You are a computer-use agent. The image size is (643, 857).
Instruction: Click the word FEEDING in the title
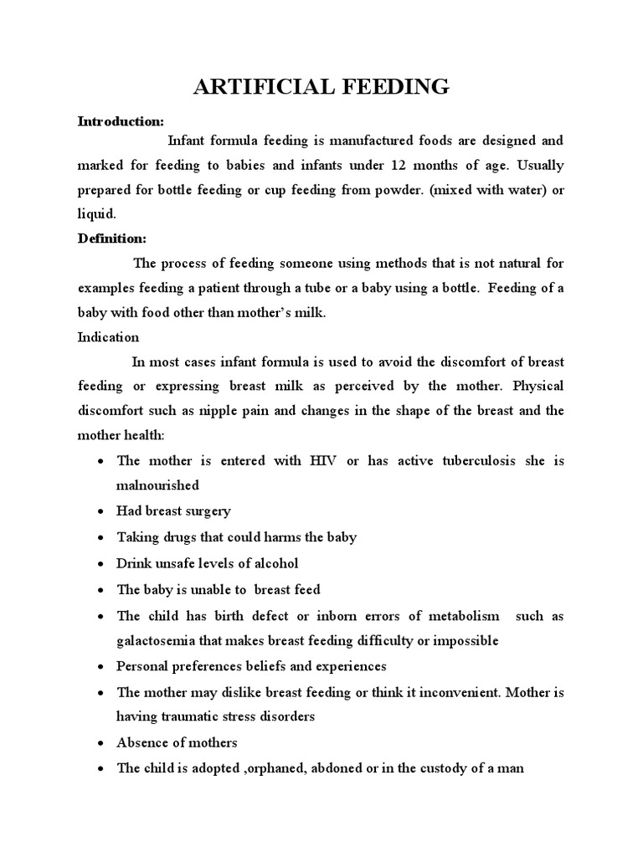click(x=388, y=87)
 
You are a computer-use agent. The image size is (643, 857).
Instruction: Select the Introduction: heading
click(x=121, y=121)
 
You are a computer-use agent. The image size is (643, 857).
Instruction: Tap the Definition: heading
click(x=112, y=239)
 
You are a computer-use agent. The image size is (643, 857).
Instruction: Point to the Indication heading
click(x=108, y=337)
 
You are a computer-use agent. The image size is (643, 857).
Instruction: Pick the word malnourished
click(x=158, y=485)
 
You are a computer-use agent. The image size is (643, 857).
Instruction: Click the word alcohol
click(x=273, y=563)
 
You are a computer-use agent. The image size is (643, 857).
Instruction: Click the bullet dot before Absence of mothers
click(x=100, y=744)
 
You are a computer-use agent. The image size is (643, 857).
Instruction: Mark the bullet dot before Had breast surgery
click(x=100, y=511)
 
